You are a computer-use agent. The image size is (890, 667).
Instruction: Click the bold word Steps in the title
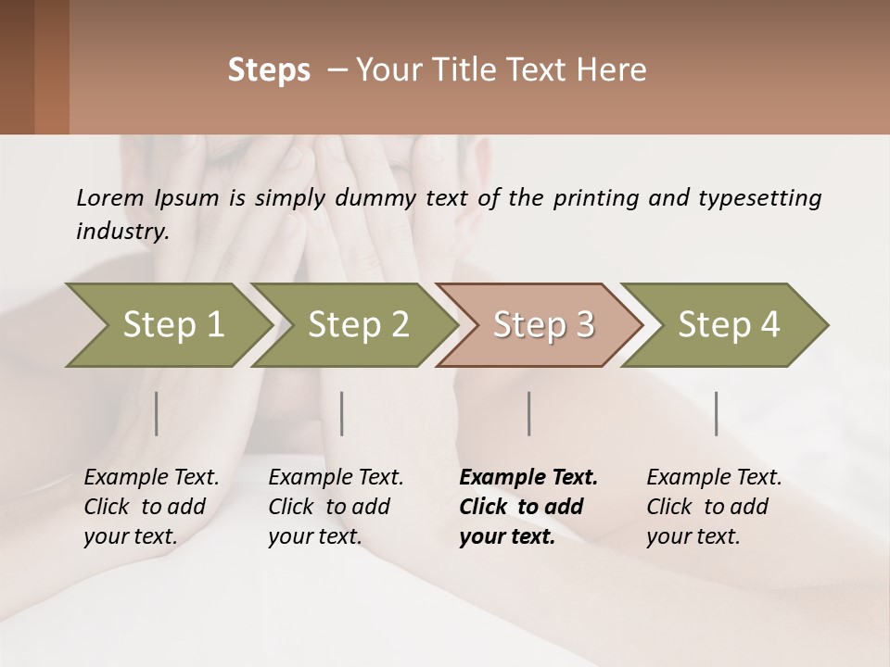(269, 70)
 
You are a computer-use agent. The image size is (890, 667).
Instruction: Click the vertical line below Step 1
(157, 413)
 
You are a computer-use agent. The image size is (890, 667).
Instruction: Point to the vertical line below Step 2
(342, 413)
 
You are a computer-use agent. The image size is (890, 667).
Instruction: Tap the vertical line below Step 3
(529, 413)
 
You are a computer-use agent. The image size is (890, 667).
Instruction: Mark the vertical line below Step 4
(717, 413)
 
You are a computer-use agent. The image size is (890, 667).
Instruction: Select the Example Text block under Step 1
(151, 506)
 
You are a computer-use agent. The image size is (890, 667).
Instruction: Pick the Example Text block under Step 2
(336, 506)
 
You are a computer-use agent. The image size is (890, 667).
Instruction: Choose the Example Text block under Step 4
(714, 506)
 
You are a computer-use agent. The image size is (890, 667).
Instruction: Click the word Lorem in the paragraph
(110, 197)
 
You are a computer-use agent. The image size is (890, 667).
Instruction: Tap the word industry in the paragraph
(121, 232)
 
